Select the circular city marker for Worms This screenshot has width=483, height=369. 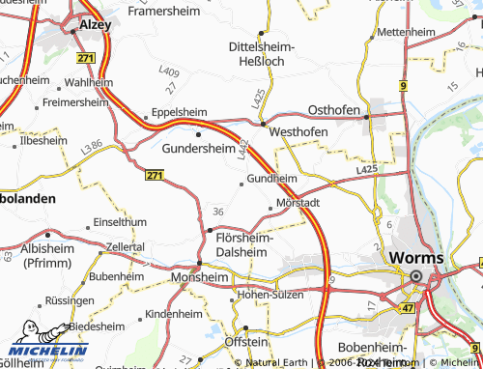416,275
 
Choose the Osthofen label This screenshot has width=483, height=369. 333,110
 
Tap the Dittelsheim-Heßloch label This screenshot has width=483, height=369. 261,52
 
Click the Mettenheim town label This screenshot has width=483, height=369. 407,32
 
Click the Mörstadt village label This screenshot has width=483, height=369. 298,205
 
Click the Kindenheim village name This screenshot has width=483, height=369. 175,315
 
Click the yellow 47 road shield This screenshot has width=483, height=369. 407,308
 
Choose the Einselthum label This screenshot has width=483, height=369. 119,222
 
